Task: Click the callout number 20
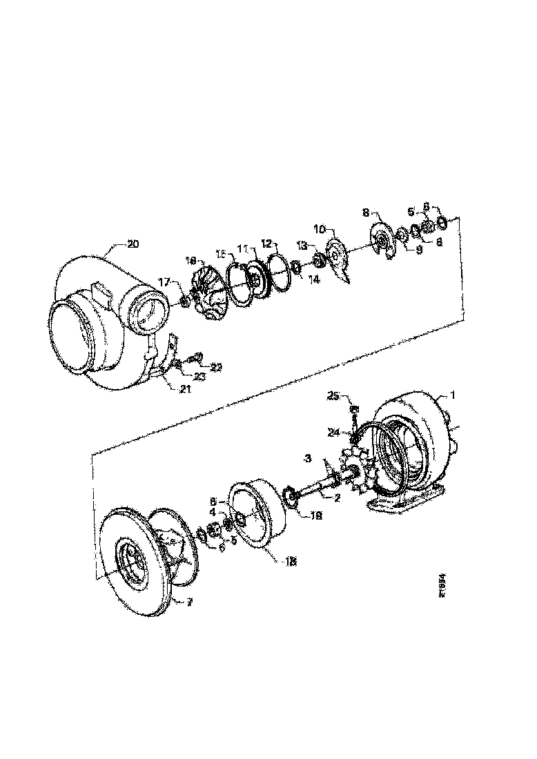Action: [x=133, y=243]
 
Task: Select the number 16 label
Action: [x=191, y=260]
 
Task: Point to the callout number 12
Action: [x=267, y=243]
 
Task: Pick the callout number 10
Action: [x=320, y=228]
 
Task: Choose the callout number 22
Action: [x=216, y=368]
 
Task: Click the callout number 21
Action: [x=184, y=389]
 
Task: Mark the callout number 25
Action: [x=334, y=395]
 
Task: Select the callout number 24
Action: [x=335, y=433]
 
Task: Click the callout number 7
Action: [x=190, y=601]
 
